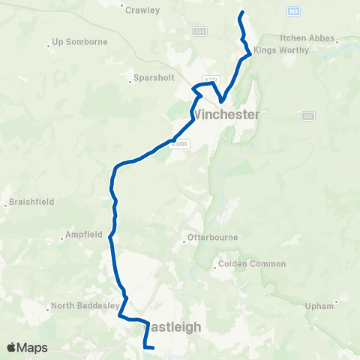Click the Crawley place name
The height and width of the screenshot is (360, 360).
pyautogui.click(x=142, y=10)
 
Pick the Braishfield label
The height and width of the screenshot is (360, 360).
pyautogui.click(x=31, y=202)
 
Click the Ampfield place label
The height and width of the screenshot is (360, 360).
pyautogui.click(x=83, y=234)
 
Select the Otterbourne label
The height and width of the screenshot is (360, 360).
pyautogui.click(x=213, y=238)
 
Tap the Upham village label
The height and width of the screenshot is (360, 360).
pyautogui.click(x=319, y=305)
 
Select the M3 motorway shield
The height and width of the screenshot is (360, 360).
pyautogui.click(x=293, y=11)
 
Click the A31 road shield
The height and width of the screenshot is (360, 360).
pyautogui.click(x=308, y=115)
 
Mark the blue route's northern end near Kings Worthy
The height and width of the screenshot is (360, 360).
pyautogui.click(x=241, y=13)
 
